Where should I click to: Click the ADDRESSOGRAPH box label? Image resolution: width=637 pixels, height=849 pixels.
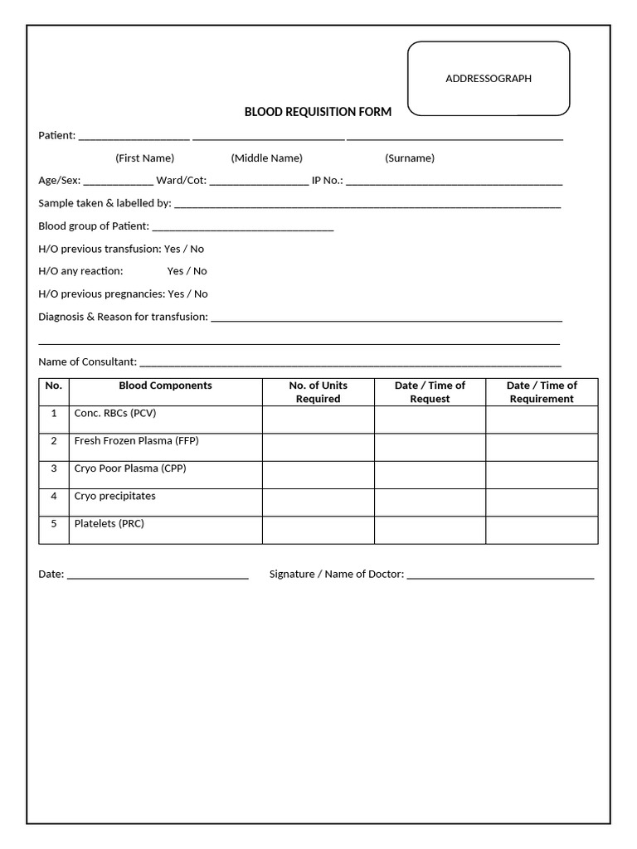point(489,79)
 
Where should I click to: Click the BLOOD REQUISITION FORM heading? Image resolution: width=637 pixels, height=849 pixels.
point(318,112)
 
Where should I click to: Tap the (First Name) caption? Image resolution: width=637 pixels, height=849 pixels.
point(144,158)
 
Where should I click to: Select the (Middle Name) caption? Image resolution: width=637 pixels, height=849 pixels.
point(266,158)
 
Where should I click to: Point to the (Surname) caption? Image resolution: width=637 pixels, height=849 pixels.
point(409,158)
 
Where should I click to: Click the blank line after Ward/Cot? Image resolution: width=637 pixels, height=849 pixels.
point(259,181)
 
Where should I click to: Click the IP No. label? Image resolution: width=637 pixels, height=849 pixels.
point(327,181)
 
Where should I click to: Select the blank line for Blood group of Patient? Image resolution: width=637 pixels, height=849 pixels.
point(243,226)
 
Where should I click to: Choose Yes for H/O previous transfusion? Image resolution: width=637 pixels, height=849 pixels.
point(172,249)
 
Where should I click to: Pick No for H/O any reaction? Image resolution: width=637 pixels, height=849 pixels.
point(200,271)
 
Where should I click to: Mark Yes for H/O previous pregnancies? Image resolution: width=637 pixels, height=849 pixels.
point(176,294)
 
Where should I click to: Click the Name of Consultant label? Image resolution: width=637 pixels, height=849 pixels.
point(87,361)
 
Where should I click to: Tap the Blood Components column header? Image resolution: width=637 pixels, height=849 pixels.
point(165,386)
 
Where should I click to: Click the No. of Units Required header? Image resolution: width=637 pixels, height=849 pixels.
point(318,392)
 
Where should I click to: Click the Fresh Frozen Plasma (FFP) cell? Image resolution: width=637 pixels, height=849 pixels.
point(136,441)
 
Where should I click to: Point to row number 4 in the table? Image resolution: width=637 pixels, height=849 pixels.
point(54,497)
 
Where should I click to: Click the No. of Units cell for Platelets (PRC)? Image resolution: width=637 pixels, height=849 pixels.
point(318,530)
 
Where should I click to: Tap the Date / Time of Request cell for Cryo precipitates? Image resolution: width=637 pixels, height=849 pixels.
point(430,502)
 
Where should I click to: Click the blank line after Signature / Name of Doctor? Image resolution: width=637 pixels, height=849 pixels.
point(500,574)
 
